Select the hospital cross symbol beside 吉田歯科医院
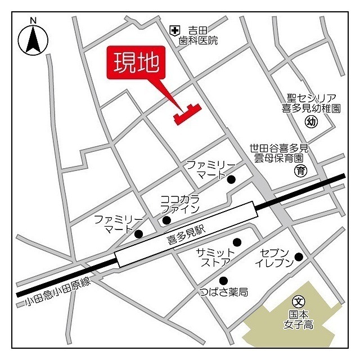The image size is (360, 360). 175,30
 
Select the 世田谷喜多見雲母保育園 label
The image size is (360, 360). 280,153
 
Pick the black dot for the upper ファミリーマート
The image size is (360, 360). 231,179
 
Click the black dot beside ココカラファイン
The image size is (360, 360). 167,220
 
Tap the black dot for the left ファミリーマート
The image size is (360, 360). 138,233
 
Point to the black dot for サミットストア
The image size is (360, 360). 237,242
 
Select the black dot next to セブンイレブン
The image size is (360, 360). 299,257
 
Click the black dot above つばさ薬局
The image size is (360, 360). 223,281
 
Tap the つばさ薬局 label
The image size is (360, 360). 224,292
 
